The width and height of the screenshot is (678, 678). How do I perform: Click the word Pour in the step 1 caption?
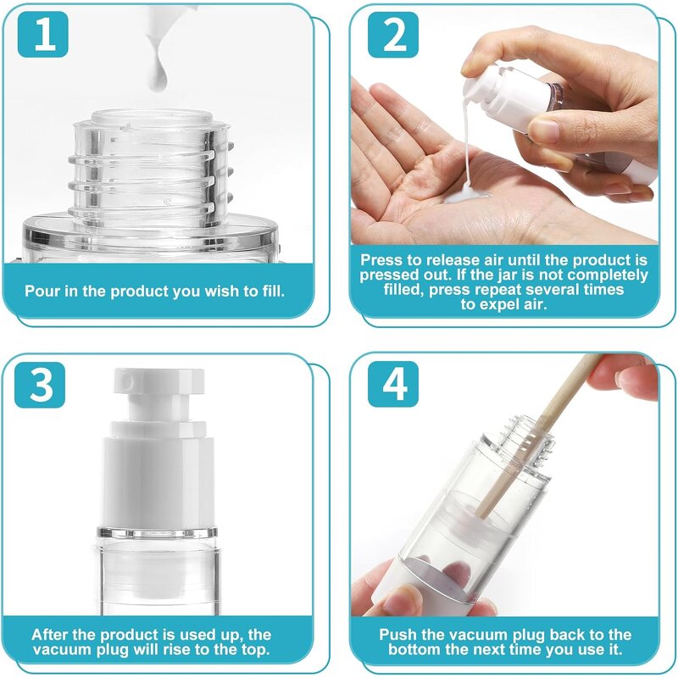point(42,292)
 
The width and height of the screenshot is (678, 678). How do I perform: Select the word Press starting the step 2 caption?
point(381,260)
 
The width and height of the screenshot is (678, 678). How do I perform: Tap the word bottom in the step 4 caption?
point(417,649)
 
